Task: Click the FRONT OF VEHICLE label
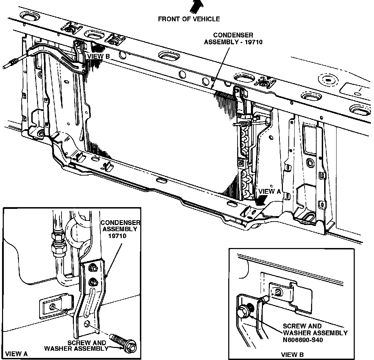[x=189, y=19]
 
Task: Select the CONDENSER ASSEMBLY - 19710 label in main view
[x=233, y=38]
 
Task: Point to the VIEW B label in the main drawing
[x=98, y=56]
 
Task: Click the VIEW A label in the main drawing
[x=269, y=191]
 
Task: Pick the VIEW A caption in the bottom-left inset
[x=17, y=353]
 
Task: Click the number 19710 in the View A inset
[x=118, y=236]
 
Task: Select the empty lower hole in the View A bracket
[x=88, y=324]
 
